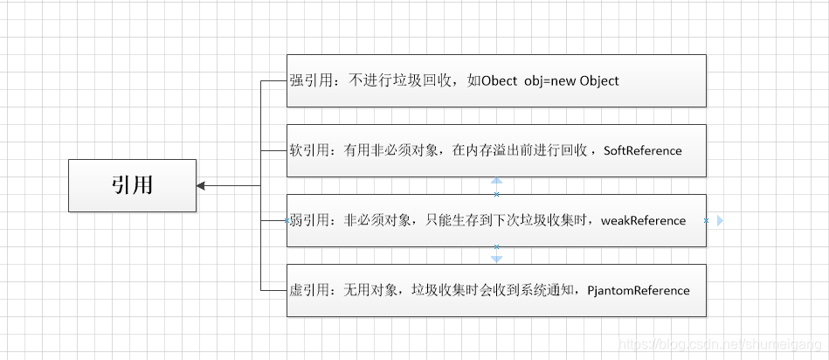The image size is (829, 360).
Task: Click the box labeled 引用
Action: [132, 185]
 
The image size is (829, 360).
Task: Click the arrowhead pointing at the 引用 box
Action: [202, 185]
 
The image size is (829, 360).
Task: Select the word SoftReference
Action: [642, 150]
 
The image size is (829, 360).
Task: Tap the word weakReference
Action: [643, 220]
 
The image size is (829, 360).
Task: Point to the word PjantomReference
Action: [639, 290]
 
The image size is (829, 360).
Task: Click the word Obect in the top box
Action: [499, 80]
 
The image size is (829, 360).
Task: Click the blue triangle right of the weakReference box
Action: [720, 221]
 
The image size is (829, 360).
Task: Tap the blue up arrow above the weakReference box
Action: [496, 183]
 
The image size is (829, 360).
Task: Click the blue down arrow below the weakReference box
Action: [496, 259]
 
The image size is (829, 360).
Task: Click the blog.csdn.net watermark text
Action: [719, 345]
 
